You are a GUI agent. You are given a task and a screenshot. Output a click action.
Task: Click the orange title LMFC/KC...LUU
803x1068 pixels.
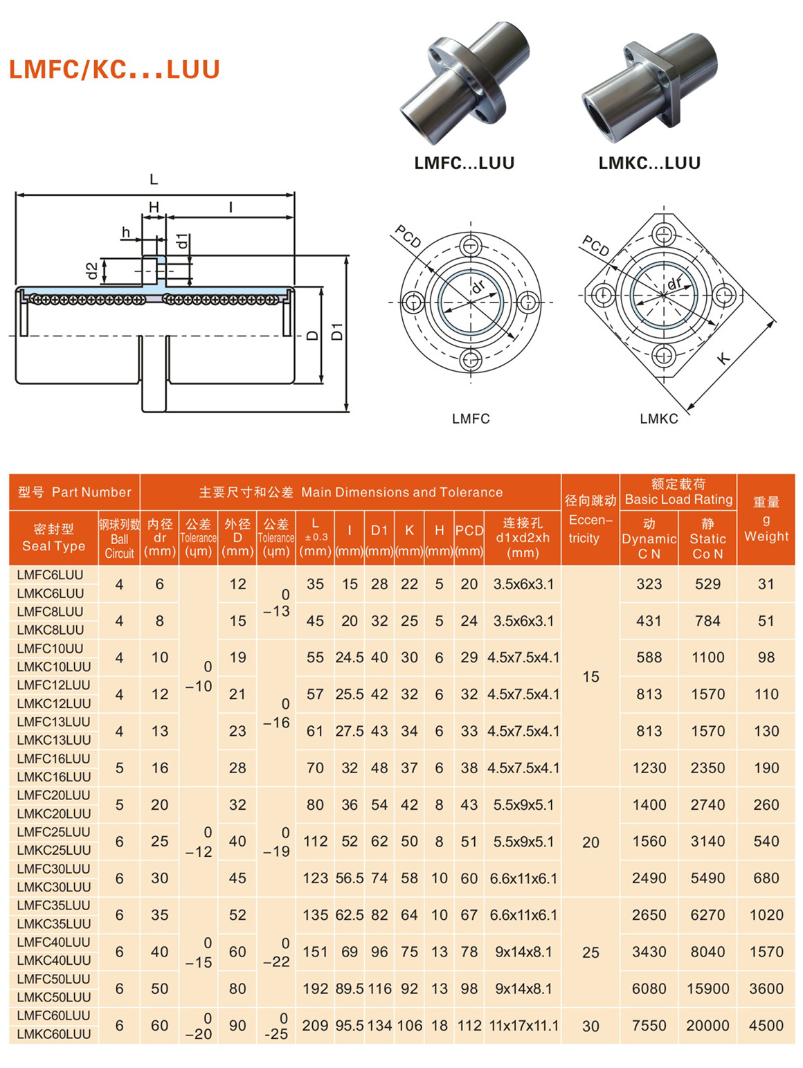[x=114, y=70]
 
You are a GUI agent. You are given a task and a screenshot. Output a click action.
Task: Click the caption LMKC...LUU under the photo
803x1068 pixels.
[x=649, y=163]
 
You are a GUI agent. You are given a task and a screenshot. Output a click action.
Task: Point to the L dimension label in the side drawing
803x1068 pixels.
[x=154, y=179]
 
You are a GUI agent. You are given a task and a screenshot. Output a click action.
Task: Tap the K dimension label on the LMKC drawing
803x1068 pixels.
[x=723, y=358]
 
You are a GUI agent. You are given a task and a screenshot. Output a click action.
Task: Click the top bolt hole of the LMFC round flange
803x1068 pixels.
[x=471, y=246]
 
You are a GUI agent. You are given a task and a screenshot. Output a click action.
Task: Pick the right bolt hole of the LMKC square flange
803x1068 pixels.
[x=724, y=295]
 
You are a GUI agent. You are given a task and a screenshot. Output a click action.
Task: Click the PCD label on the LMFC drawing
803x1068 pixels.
[x=408, y=237]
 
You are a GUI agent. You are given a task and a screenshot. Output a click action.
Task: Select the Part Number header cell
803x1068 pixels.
[x=74, y=492]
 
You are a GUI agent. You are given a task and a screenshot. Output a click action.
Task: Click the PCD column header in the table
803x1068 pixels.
[x=469, y=531]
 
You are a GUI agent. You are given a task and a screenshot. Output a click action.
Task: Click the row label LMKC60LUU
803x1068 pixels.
[x=53, y=1034]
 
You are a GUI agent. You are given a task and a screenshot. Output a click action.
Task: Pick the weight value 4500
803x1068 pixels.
[x=766, y=1025]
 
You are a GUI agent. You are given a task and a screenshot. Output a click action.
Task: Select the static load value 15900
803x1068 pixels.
[x=707, y=988]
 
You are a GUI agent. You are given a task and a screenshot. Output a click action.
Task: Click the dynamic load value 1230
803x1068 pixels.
[x=649, y=768]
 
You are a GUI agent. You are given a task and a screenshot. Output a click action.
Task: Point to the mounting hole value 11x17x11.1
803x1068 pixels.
[x=523, y=1025]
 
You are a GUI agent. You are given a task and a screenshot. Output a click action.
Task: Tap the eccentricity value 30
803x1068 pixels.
[x=590, y=1026]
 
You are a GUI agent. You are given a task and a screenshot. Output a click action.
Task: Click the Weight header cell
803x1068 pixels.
[x=766, y=519]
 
